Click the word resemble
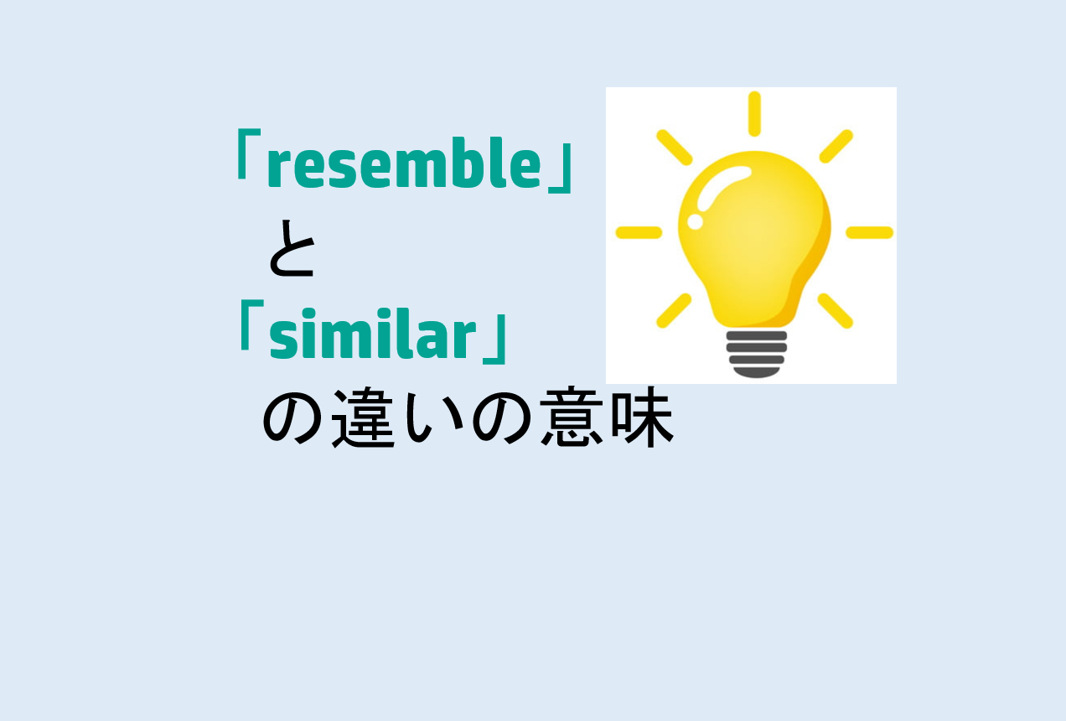(405, 165)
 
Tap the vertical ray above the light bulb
(754, 113)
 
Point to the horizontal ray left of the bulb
(639, 232)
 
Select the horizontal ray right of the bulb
(869, 232)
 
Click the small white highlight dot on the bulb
(695, 221)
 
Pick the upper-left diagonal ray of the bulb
(674, 147)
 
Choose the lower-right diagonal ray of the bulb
(835, 310)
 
